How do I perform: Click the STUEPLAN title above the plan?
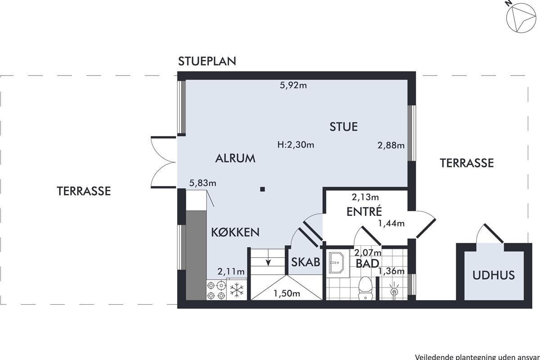[207, 61]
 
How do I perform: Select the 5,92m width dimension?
[293, 85]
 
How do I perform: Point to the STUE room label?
[343, 127]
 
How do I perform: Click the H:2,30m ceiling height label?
[296, 145]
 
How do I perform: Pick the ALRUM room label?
[235, 158]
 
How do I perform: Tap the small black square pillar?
[262, 189]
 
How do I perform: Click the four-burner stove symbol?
[216, 290]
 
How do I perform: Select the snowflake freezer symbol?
[237, 290]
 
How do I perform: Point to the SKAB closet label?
[306, 262]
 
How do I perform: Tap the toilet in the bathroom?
[366, 288]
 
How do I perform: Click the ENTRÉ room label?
[364, 211]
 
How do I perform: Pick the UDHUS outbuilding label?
[494, 275]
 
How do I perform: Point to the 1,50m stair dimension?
[287, 293]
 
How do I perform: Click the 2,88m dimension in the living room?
[391, 145]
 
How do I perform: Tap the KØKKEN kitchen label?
[235, 232]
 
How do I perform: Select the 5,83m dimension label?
[202, 183]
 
